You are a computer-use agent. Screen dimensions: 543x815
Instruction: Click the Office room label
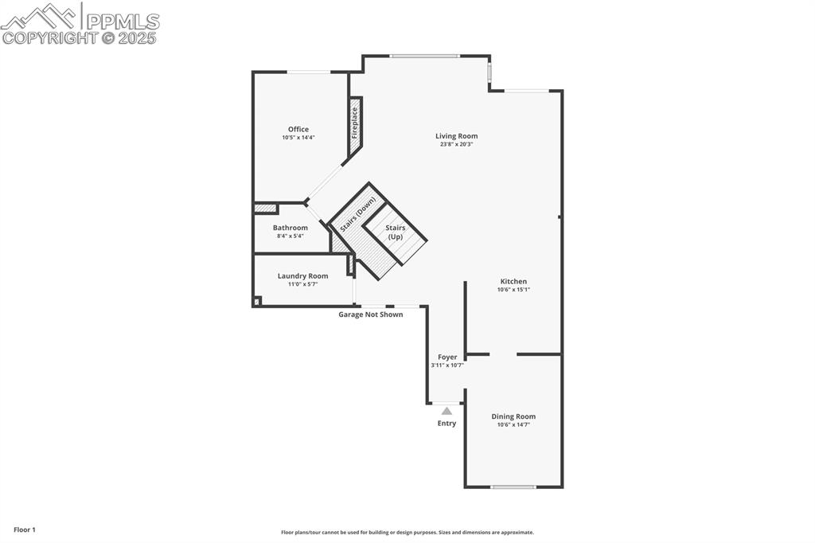click(x=298, y=129)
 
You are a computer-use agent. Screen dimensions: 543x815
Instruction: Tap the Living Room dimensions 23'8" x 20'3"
click(x=456, y=145)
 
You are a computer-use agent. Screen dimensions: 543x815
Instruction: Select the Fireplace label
click(x=355, y=124)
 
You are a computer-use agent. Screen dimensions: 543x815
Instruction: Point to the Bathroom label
click(x=290, y=228)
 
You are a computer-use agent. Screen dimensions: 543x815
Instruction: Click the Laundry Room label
click(x=302, y=276)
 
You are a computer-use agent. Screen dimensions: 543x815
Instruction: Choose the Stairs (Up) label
click(x=396, y=232)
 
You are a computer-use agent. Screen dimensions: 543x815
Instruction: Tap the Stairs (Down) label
click(x=357, y=215)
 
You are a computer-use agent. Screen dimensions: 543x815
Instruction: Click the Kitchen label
click(x=513, y=281)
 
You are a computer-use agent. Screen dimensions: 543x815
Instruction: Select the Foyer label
click(x=447, y=357)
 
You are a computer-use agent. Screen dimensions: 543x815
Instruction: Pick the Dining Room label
click(x=513, y=416)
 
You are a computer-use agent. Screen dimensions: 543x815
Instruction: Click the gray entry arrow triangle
click(x=446, y=411)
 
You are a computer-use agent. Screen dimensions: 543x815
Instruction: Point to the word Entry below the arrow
click(x=446, y=424)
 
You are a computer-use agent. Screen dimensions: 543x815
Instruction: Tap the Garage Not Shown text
click(x=371, y=314)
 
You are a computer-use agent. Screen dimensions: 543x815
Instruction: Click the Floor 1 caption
click(x=25, y=529)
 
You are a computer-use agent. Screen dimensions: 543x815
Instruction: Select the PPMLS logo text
click(x=122, y=21)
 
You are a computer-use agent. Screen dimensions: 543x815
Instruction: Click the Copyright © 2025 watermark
click(x=79, y=37)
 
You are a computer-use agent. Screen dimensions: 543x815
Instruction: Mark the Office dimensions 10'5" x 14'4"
click(x=298, y=138)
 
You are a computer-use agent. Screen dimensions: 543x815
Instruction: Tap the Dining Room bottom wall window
click(x=513, y=486)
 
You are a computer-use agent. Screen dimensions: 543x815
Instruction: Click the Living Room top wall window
click(x=424, y=56)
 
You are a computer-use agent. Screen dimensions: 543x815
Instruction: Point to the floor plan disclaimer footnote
click(x=407, y=533)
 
